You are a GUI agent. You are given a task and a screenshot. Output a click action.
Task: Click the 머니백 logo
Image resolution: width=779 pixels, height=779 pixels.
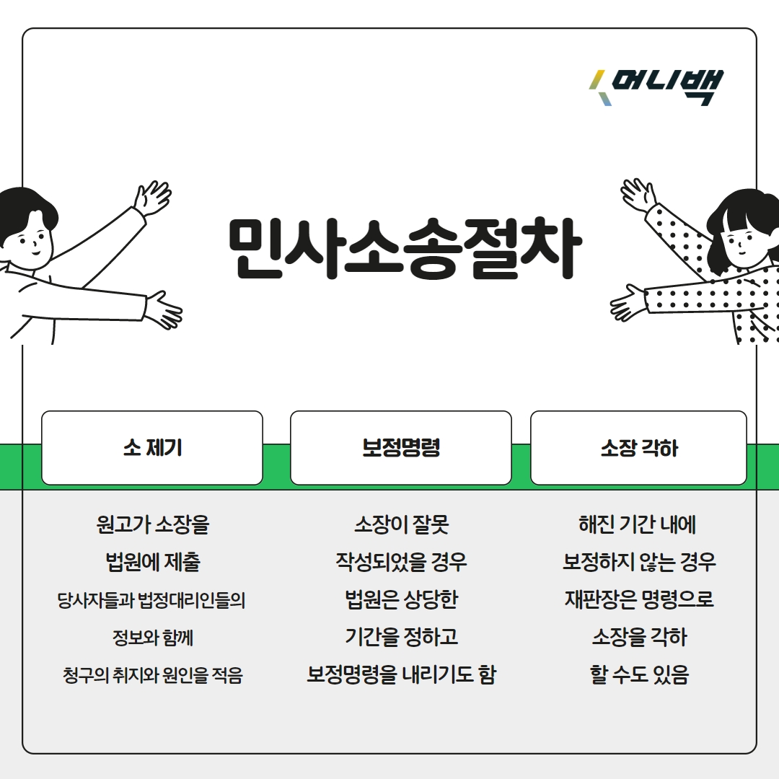point(656,88)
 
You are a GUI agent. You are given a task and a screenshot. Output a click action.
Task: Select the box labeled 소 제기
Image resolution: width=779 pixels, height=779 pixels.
point(152,448)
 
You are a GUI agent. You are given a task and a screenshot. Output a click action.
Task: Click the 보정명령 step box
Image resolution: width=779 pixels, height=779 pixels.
point(401,448)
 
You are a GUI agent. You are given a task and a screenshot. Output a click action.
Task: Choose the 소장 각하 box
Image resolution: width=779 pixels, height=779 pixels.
point(638,448)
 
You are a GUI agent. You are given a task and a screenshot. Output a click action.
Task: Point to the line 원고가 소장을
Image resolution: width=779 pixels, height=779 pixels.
point(152,524)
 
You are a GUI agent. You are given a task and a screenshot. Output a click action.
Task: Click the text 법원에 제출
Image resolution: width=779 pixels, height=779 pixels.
point(152,562)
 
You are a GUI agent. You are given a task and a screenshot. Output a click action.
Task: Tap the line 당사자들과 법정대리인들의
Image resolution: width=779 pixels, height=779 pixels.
point(152,600)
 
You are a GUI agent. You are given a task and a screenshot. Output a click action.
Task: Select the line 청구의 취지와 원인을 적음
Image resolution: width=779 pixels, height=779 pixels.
point(152,676)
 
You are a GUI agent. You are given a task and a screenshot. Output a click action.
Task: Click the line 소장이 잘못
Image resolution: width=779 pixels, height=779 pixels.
point(401,524)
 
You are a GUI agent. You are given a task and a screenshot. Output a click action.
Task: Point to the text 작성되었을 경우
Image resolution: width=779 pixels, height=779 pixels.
point(401,562)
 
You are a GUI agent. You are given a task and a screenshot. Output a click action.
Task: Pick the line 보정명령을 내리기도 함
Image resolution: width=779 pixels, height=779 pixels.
point(401,676)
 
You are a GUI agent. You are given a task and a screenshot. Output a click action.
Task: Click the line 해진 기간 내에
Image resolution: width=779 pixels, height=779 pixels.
point(638,524)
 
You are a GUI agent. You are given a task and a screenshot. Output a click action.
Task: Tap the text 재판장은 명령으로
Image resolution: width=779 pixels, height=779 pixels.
point(638,600)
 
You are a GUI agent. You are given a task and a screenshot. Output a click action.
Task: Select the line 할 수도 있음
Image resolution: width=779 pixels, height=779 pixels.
point(638,676)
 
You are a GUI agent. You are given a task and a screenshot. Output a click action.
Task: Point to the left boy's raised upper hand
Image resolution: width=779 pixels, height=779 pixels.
point(153,196)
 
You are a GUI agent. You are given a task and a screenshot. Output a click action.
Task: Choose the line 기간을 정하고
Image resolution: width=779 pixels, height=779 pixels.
point(401,638)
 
